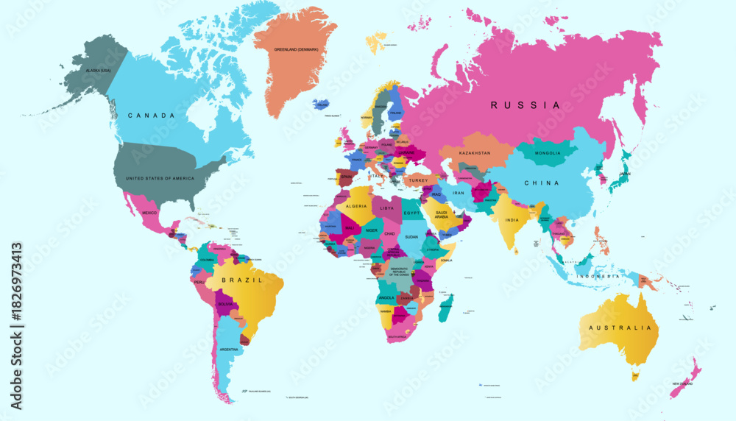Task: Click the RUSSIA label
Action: [526, 105]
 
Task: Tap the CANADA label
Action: [151, 116]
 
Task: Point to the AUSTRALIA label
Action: [616, 328]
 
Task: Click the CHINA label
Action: [541, 183]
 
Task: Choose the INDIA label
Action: [512, 219]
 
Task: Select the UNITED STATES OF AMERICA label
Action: [160, 179]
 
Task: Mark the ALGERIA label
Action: [356, 207]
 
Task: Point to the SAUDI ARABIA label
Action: [442, 214]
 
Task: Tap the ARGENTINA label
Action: [229, 349]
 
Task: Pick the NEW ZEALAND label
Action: [682, 384]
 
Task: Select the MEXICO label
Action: [149, 212]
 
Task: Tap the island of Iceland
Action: [322, 105]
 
